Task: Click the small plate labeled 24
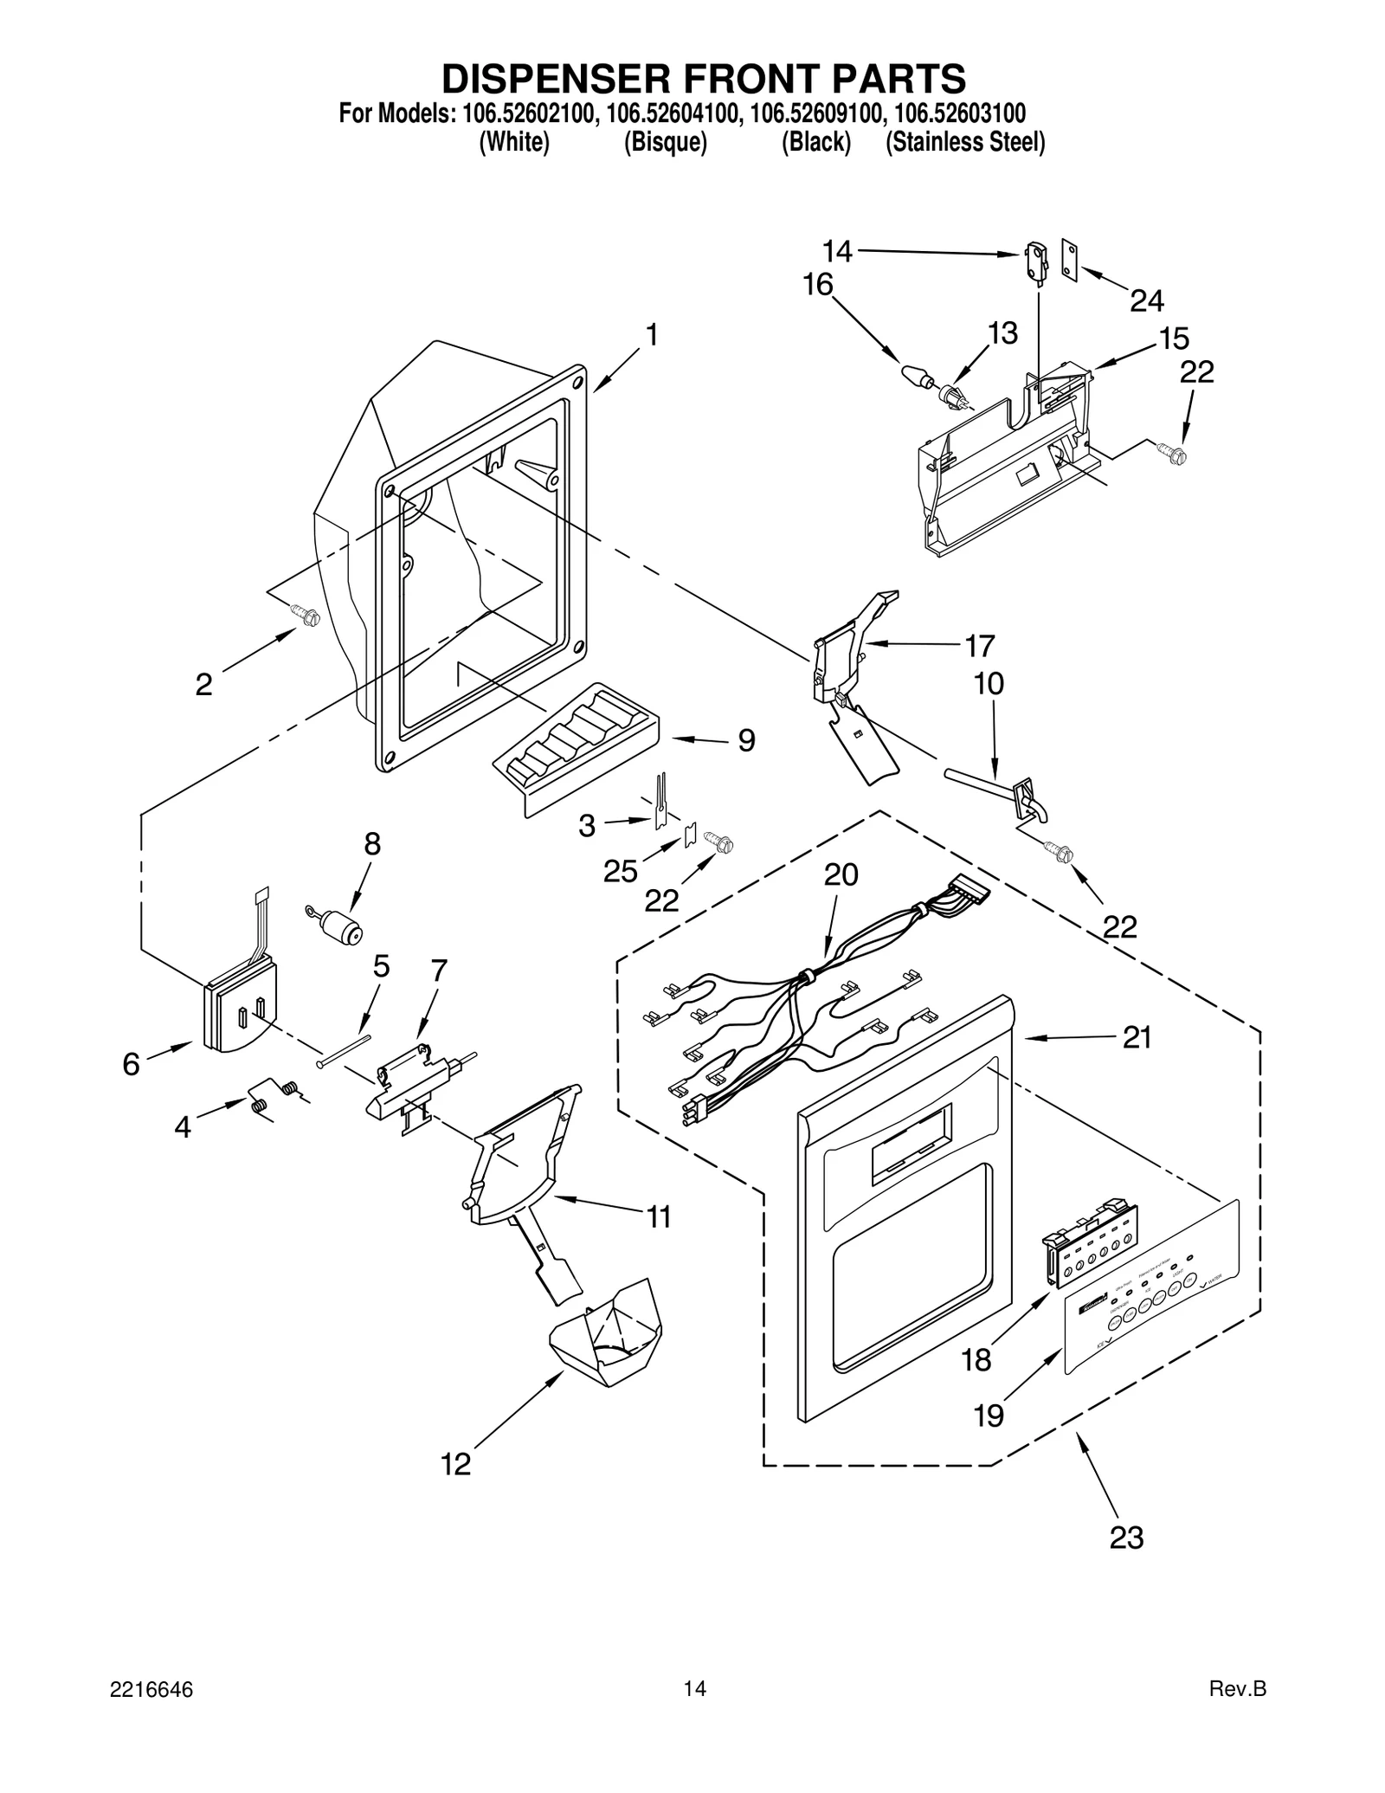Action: (1070, 262)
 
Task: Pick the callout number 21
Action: (1137, 1037)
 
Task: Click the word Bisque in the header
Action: (666, 142)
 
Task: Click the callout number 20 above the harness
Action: (841, 874)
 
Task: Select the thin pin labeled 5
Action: (344, 1049)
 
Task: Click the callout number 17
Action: (979, 646)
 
